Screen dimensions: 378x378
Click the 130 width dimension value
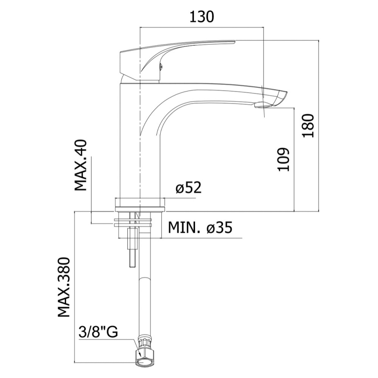(202, 17)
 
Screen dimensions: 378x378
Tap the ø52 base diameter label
(188, 188)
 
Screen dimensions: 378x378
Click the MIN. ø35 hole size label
(200, 227)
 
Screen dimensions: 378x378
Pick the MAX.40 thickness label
(80, 165)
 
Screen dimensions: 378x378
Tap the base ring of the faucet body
(139, 205)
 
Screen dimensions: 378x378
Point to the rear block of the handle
(129, 63)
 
